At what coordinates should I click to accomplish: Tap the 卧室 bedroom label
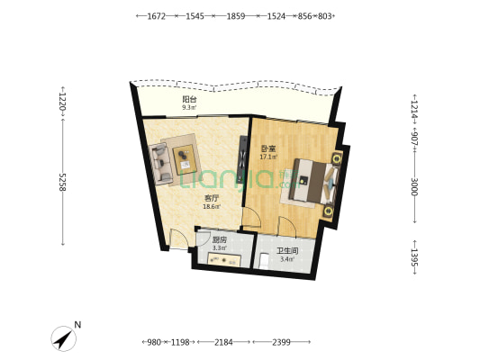point(268,149)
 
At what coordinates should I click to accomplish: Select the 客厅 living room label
point(212,199)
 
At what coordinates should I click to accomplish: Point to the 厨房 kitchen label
point(220,240)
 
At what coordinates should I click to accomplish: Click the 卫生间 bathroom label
point(287,251)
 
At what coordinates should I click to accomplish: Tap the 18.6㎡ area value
point(212,206)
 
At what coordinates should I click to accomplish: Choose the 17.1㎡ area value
point(268,157)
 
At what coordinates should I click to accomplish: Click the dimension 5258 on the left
point(62,183)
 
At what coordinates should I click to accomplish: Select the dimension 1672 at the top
point(157,16)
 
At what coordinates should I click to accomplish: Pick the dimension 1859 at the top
point(235,16)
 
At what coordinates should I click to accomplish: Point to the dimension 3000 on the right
point(414,186)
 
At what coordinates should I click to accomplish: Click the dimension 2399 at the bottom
point(281,342)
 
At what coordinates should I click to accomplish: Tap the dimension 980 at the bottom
point(154,342)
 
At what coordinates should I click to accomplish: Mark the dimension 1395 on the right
point(414,256)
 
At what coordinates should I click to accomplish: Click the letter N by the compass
point(77,325)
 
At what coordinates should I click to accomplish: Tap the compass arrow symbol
point(64,338)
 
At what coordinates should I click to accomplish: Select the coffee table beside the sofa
point(185,159)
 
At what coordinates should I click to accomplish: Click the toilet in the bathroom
point(264,262)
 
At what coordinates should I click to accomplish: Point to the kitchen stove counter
point(224,259)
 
